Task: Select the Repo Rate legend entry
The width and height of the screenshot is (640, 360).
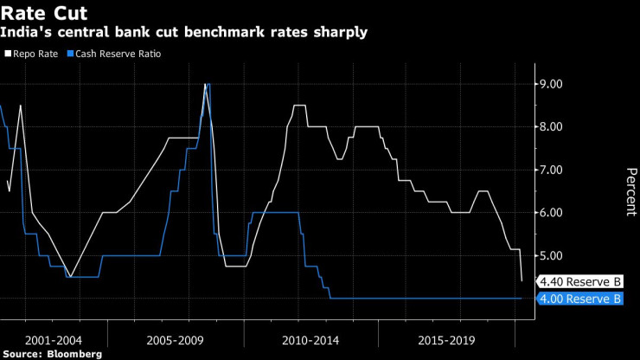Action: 34,54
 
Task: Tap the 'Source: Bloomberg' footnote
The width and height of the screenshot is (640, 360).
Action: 52,354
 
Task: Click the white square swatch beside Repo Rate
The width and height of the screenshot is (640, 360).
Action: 7,54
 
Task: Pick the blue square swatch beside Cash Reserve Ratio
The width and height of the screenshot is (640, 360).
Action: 69,54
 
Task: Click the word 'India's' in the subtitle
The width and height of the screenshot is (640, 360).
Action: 23,33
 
